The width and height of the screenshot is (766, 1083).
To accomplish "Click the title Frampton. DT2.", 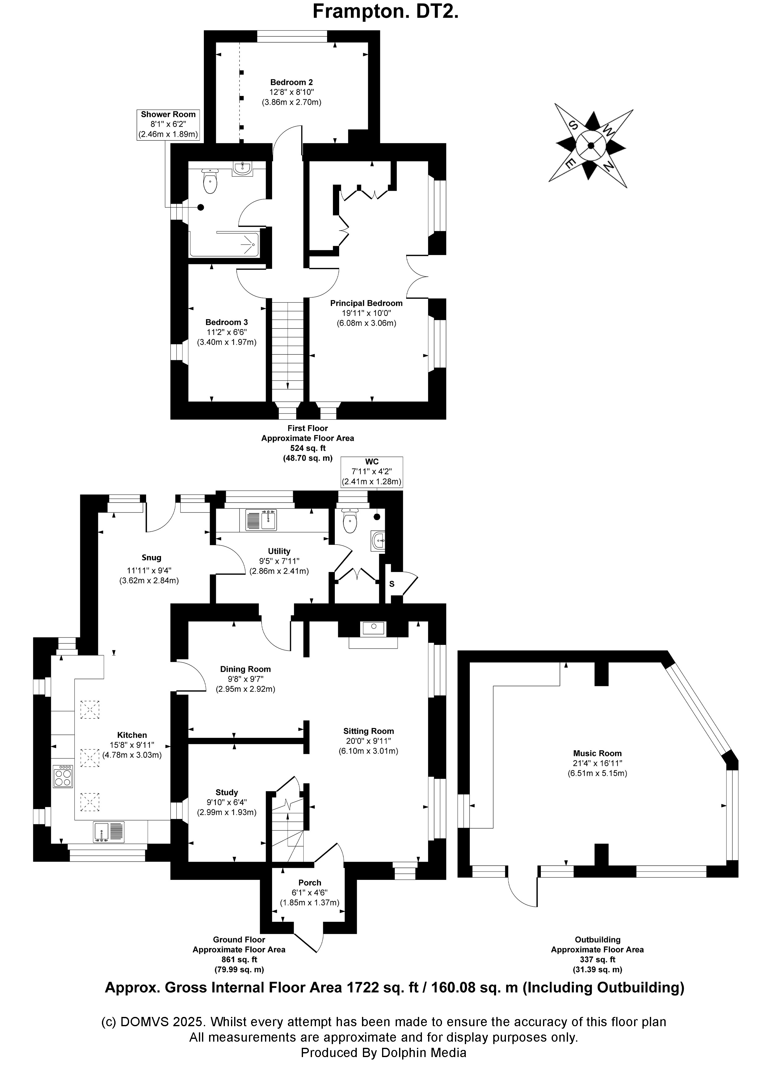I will (385, 12).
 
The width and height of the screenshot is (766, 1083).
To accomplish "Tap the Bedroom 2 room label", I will (291, 82).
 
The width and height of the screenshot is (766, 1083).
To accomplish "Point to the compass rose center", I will (591, 145).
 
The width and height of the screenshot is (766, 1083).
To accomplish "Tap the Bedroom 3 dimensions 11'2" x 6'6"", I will (226, 332).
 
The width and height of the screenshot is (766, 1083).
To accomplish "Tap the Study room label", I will (226, 792).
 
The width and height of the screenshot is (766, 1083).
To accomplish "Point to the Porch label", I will (309, 883).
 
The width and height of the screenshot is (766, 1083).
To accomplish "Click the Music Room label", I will (597, 753).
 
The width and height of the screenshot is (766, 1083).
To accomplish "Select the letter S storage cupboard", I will (391, 584).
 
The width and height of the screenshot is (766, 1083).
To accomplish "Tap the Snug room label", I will (151, 558).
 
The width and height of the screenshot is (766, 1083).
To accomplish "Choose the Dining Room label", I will (246, 669).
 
